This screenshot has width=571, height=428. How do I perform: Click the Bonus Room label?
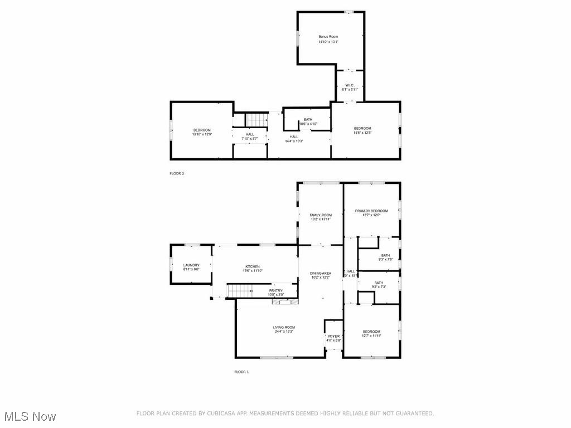pyautogui.click(x=328, y=39)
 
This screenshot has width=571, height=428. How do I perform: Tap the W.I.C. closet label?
pyautogui.click(x=350, y=87)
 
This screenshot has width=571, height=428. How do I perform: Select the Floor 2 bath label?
pyautogui.click(x=308, y=121)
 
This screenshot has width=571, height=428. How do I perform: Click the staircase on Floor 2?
pyautogui.click(x=258, y=119)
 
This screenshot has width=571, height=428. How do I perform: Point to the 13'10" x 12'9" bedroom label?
pyautogui.click(x=201, y=132)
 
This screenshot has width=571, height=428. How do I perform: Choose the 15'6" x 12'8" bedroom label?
pyautogui.click(x=362, y=130)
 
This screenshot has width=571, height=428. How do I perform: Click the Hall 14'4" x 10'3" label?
pyautogui.click(x=294, y=139)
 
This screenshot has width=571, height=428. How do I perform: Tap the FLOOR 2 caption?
pyautogui.click(x=177, y=173)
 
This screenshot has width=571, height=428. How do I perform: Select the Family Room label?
pyautogui.click(x=321, y=217)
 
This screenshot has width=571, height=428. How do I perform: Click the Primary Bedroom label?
pyautogui.click(x=371, y=213)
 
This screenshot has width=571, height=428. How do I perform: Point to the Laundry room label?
pyautogui.click(x=191, y=267)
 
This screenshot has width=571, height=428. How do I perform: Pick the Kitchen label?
pyautogui.click(x=253, y=269)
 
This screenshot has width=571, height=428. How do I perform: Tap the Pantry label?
pyautogui.click(x=275, y=292)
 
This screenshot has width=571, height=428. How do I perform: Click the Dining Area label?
pyautogui.click(x=321, y=275)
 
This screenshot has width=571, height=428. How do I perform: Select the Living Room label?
pyautogui.click(x=284, y=329)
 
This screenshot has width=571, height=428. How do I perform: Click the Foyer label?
pyautogui.click(x=333, y=338)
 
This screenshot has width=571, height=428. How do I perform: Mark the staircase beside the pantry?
pyautogui.click(x=240, y=290)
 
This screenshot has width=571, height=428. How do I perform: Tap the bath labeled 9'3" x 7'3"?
pyautogui.click(x=379, y=285)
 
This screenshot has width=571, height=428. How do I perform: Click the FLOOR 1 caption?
pyautogui.click(x=241, y=372)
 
